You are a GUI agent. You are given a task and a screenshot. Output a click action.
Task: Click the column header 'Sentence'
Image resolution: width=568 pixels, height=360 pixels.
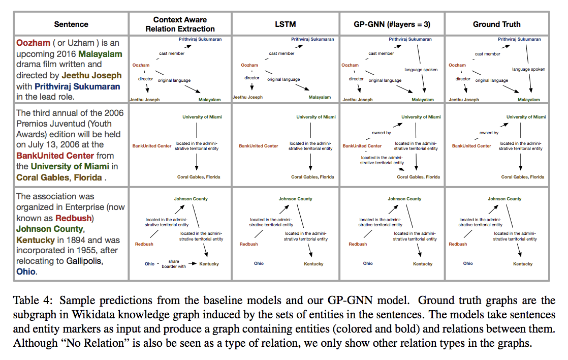[x=71, y=24]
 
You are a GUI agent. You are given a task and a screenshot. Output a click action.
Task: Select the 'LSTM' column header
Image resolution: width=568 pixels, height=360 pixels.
[x=285, y=24]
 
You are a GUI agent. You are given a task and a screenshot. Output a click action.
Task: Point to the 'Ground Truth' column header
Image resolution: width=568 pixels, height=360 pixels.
[x=496, y=24]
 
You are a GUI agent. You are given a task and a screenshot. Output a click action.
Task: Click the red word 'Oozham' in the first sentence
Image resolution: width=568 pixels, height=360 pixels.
[x=33, y=43]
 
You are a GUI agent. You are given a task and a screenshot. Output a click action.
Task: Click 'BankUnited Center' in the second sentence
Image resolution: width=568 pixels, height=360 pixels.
[x=55, y=156]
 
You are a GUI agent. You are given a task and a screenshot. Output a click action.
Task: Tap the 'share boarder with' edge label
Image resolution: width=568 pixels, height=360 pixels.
[x=174, y=264]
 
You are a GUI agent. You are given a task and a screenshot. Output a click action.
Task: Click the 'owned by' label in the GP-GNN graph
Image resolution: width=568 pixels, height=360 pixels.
[x=381, y=133]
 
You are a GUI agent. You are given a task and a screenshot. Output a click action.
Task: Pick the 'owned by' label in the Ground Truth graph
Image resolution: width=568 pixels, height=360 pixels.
[x=489, y=133]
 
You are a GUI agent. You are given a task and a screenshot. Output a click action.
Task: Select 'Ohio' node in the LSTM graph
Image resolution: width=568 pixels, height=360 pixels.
[x=259, y=263]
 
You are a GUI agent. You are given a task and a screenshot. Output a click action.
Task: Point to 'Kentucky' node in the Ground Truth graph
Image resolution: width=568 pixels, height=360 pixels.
[x=523, y=264]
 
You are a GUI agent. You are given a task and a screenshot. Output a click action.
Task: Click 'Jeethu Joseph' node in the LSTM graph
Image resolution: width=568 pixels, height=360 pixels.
[x=247, y=97]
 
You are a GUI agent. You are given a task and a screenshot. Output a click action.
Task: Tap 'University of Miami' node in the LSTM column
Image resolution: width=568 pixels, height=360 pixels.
[x=316, y=117]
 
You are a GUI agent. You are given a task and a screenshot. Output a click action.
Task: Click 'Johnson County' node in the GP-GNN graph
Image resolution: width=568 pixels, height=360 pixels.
[x=404, y=199]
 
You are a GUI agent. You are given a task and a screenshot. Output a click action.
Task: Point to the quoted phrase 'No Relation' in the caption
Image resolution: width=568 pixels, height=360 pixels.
[x=86, y=343]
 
